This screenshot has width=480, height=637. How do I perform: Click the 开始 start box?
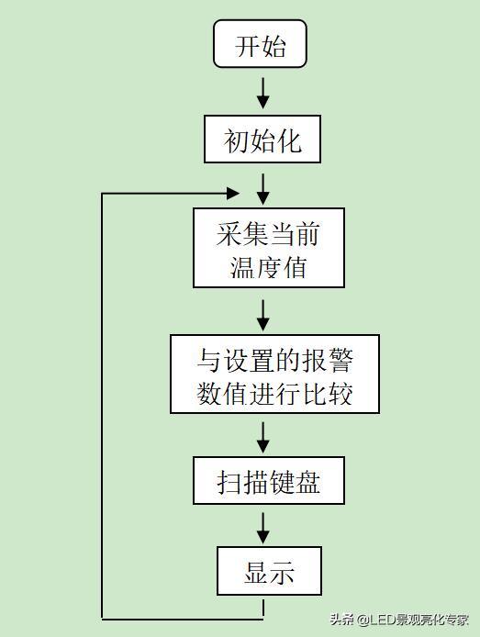click(x=260, y=46)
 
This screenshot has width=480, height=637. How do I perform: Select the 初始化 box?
click(x=262, y=140)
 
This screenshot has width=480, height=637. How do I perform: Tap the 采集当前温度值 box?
click(x=268, y=248)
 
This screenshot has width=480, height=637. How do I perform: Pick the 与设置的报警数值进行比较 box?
click(x=274, y=374)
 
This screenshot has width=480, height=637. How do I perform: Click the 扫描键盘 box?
click(x=268, y=481)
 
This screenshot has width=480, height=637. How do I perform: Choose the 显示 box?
click(x=269, y=571)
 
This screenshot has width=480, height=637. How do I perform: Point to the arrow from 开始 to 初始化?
click(x=263, y=92)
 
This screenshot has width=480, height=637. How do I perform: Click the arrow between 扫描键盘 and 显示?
click(x=263, y=526)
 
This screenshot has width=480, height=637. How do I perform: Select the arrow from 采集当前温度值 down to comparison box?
click(x=263, y=313)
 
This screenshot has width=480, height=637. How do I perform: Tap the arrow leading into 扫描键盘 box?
click(x=263, y=436)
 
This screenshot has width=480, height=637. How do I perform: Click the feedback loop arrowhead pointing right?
click(x=232, y=194)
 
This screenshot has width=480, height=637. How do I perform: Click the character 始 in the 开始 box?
click(x=274, y=46)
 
